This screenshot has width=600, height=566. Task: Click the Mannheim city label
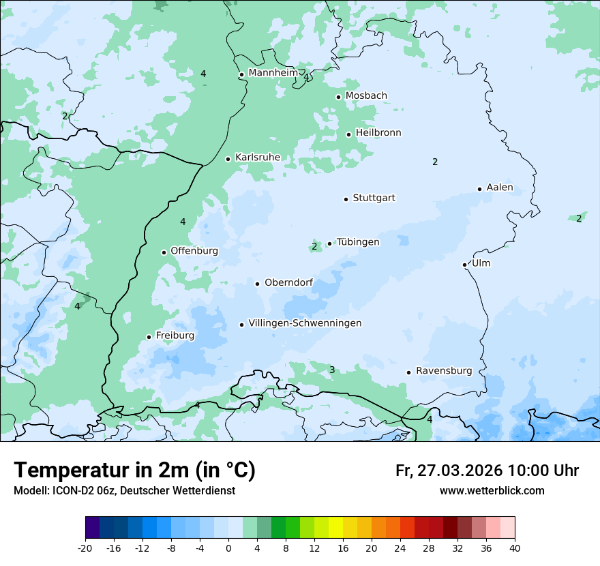tap(273, 73)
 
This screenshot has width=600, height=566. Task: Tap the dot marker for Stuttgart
tap(346, 199)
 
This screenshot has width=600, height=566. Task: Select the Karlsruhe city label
tap(257, 158)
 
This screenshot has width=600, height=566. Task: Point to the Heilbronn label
tap(378, 133)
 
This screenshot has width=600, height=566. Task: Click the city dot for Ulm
tap(464, 265)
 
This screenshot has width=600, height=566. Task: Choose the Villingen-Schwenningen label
tap(305, 323)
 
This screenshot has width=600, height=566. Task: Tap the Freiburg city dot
tap(149, 337)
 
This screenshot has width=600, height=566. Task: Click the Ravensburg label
tap(443, 371)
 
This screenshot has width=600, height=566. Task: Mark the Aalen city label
tap(499, 188)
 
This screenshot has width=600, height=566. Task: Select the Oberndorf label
tap(288, 283)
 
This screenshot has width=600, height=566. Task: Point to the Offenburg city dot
tap(164, 252)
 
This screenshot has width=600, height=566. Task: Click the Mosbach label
tap(366, 96)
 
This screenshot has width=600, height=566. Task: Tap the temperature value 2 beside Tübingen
tap(314, 246)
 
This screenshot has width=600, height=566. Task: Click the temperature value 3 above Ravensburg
tap(332, 370)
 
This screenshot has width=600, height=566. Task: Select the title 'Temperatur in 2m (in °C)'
tap(134, 471)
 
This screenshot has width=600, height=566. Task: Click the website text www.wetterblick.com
tap(492, 491)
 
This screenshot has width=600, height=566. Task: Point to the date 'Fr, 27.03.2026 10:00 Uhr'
tap(487, 471)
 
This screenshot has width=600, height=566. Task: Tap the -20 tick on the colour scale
tap(85, 548)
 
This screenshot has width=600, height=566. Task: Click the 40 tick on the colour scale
tap(515, 548)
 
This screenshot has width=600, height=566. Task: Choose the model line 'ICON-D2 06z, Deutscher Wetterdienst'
tap(124, 491)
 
